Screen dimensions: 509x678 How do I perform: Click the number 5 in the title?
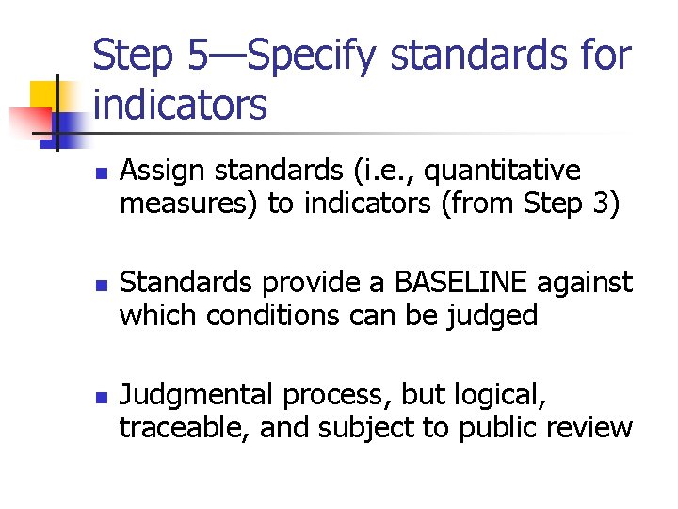pos(199,57)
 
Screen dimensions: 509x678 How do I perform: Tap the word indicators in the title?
pos(181,105)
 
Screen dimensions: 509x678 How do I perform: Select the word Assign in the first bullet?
pos(157,172)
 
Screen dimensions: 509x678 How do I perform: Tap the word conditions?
pos(272,314)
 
